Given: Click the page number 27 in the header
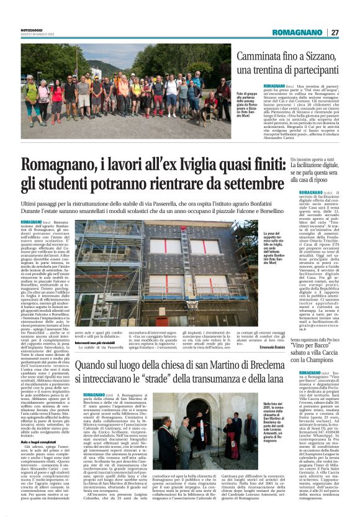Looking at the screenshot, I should (335, 32).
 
